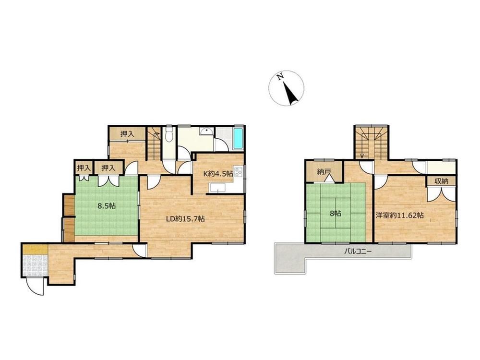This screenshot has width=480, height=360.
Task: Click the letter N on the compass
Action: (279, 77)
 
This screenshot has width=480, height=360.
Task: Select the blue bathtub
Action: (238, 139)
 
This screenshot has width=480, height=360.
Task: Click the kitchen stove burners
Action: (238, 174)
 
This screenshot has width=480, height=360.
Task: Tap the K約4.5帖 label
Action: (218, 174)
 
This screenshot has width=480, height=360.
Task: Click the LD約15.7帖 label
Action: (185, 219)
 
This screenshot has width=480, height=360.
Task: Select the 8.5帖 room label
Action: (107, 206)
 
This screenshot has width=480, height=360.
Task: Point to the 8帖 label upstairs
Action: (336, 214)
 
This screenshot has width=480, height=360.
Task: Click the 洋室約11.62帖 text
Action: (399, 215)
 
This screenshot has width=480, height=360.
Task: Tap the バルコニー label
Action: (358, 252)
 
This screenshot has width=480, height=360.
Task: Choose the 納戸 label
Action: (324, 172)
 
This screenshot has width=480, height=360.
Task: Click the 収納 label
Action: (441, 181)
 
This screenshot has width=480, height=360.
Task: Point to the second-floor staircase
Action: (372, 143)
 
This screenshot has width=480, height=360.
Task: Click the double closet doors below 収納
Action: (441, 193)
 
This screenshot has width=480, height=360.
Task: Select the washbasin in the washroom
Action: (207, 132)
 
